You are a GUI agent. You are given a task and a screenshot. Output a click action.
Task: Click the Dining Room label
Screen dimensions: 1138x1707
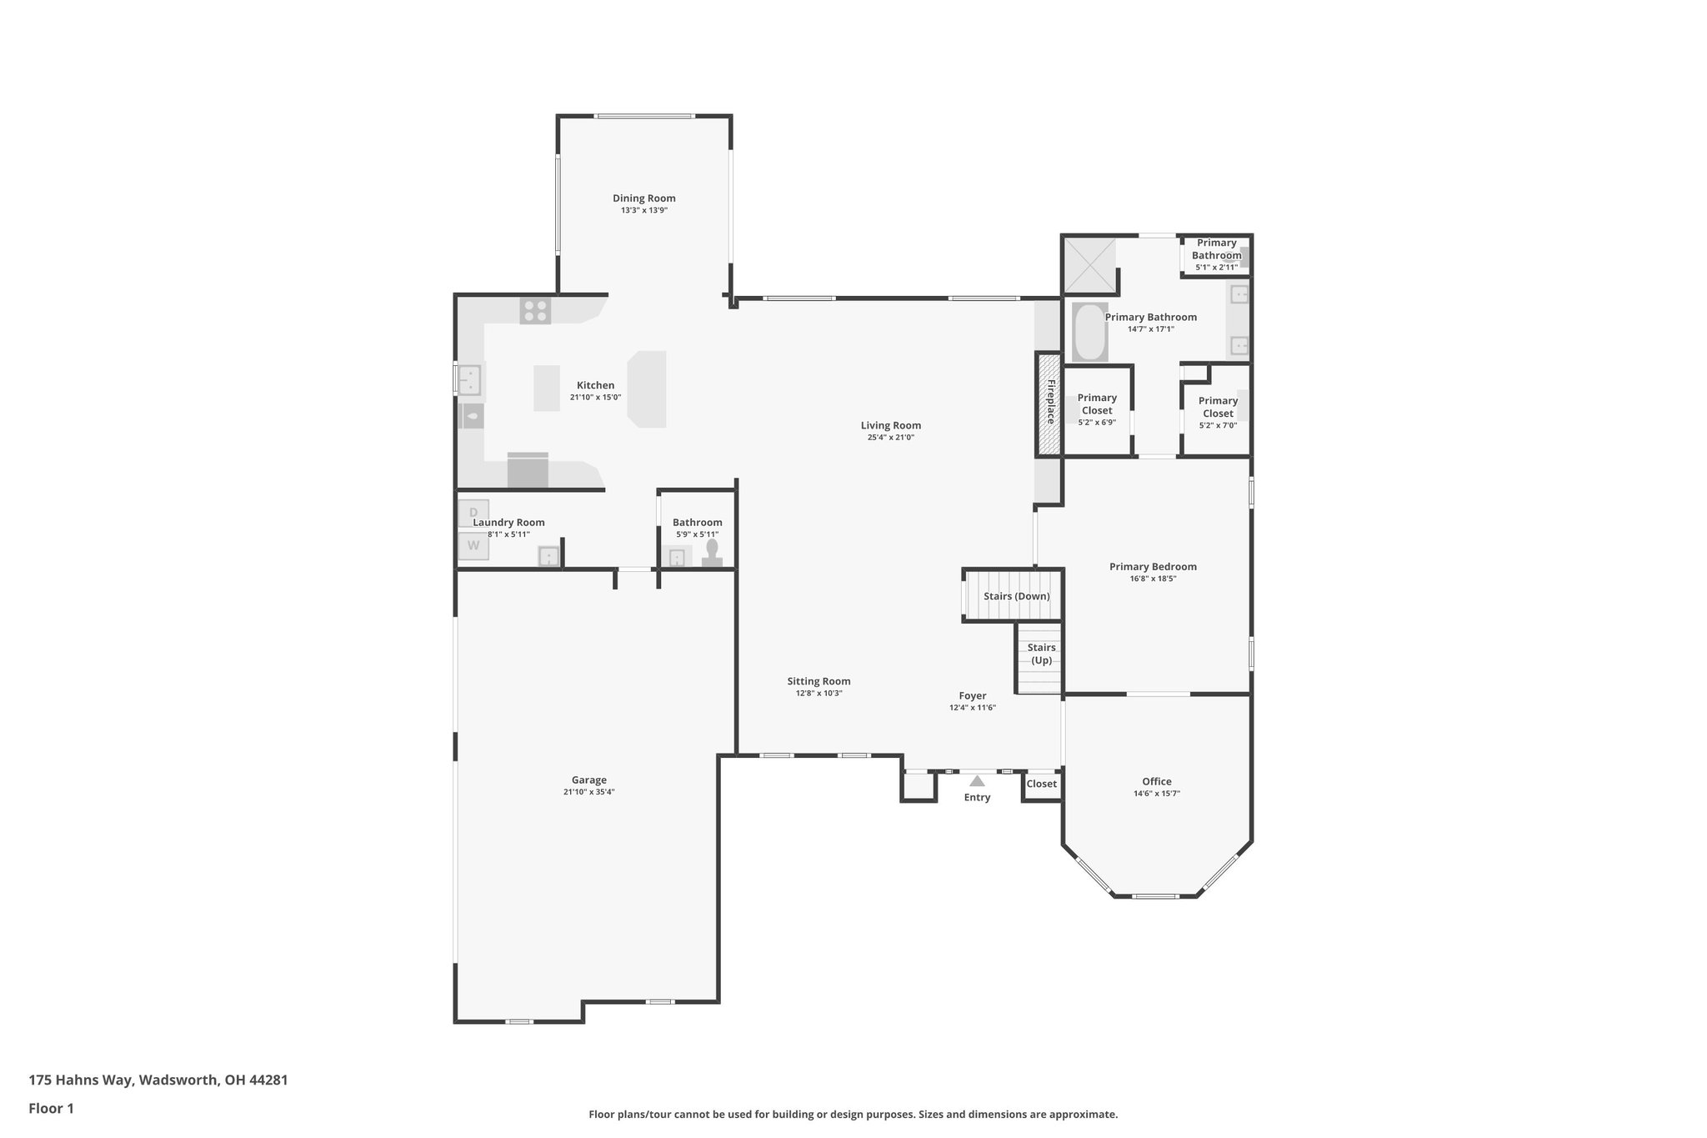click(643, 198)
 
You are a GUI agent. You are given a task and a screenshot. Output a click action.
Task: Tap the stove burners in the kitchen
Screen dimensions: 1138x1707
click(535, 311)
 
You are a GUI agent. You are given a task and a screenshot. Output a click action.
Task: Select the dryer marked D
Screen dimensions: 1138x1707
click(473, 512)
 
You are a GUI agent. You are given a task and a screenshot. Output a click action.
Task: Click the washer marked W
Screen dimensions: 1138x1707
click(473, 546)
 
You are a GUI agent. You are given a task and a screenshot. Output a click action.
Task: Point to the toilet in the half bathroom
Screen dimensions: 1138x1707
click(712, 554)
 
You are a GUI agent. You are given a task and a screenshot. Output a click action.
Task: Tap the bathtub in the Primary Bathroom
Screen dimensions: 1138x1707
click(1089, 332)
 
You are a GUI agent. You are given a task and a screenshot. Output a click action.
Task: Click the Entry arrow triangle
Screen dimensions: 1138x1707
click(977, 781)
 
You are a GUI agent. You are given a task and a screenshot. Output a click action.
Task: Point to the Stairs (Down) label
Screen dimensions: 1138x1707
click(1016, 596)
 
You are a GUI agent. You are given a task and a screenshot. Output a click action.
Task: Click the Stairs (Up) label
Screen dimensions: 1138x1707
click(1041, 654)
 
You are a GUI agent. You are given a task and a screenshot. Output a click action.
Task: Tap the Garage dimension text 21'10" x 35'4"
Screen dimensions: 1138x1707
click(588, 792)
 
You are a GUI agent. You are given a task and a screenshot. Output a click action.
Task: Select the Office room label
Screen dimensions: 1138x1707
click(1156, 781)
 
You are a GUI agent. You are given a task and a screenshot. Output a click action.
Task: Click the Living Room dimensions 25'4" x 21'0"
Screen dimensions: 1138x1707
click(890, 438)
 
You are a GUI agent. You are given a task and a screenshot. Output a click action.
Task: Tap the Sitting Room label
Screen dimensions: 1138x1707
click(818, 681)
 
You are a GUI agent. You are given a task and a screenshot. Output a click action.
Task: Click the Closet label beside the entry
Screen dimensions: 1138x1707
click(1041, 784)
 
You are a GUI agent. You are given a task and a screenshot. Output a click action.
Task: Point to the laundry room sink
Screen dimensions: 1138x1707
click(548, 556)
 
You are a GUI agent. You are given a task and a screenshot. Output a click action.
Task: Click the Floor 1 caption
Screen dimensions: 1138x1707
click(51, 1108)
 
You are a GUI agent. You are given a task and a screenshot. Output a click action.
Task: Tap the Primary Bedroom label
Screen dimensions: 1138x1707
click(1153, 567)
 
